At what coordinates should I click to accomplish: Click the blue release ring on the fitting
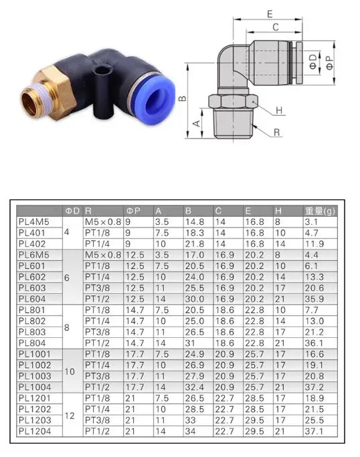155,99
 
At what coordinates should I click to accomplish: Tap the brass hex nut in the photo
55,93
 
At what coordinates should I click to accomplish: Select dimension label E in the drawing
270,14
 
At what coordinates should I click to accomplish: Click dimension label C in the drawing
276,27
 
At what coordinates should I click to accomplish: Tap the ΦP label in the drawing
330,63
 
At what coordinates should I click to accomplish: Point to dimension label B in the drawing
182,98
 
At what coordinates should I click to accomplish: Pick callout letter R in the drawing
276,132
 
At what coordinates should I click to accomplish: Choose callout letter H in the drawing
279,110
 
